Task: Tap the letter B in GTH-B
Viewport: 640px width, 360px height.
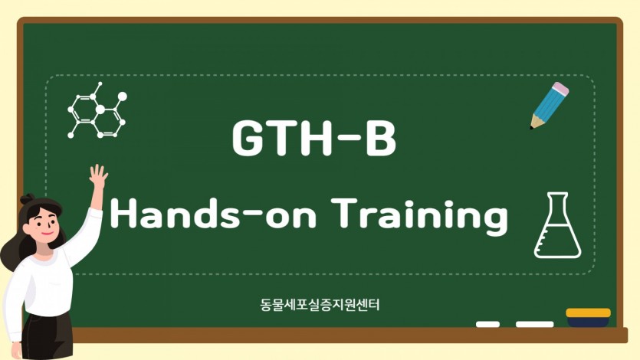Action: (x=380, y=138)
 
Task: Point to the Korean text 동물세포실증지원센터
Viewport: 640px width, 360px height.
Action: (x=320, y=305)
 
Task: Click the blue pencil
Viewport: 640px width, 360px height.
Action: (x=550, y=106)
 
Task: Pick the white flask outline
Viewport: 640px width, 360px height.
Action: (x=557, y=225)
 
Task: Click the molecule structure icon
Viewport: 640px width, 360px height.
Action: (x=97, y=110)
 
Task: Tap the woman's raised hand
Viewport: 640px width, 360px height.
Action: (x=98, y=175)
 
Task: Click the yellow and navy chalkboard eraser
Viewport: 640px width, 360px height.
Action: (x=588, y=317)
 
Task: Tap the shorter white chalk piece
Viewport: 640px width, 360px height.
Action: (x=487, y=324)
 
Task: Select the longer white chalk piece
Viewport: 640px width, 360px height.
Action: (x=535, y=324)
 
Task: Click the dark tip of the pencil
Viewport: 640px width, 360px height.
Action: (x=531, y=128)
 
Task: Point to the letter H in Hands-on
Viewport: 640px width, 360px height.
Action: (x=123, y=212)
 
